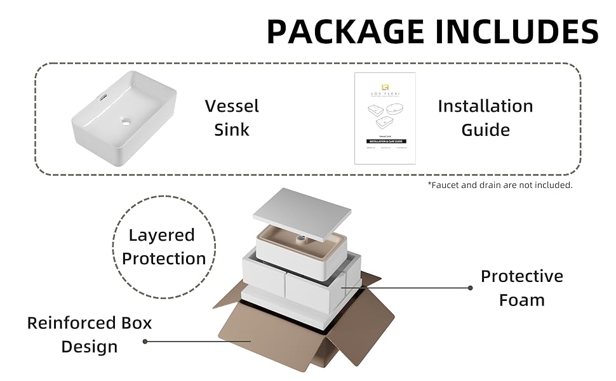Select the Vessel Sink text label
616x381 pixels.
point(232,117)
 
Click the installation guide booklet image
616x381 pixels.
point(385,118)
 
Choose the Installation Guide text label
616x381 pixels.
point(485,117)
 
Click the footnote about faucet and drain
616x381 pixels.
point(500,185)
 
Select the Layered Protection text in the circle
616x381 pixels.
point(164,246)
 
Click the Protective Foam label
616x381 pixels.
point(521,288)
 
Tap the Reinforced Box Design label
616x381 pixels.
point(90,334)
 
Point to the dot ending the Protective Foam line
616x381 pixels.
point(470,288)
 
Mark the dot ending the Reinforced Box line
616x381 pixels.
point(145,341)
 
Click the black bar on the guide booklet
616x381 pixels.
point(384,140)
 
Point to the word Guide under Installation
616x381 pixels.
point(485,130)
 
